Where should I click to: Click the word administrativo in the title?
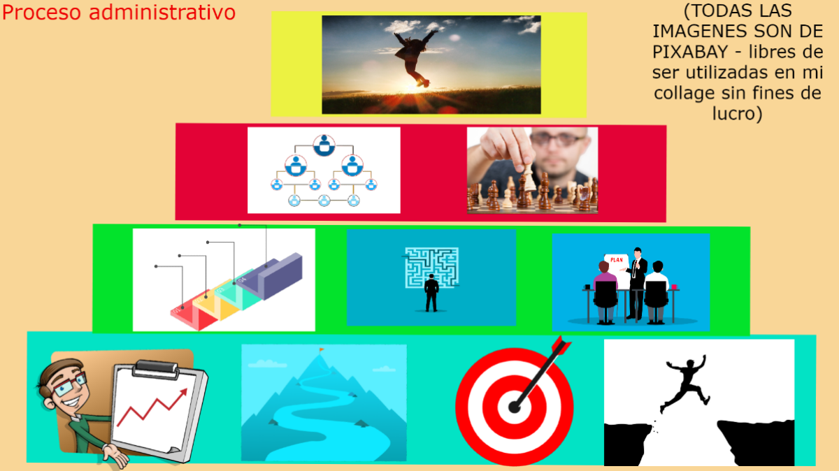(x=162, y=13)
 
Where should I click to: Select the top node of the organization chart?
(x=323, y=145)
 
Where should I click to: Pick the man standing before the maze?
(x=431, y=293)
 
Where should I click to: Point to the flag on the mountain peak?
(x=321, y=349)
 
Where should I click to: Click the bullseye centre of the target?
(x=515, y=406)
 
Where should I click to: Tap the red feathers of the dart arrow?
(x=560, y=345)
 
